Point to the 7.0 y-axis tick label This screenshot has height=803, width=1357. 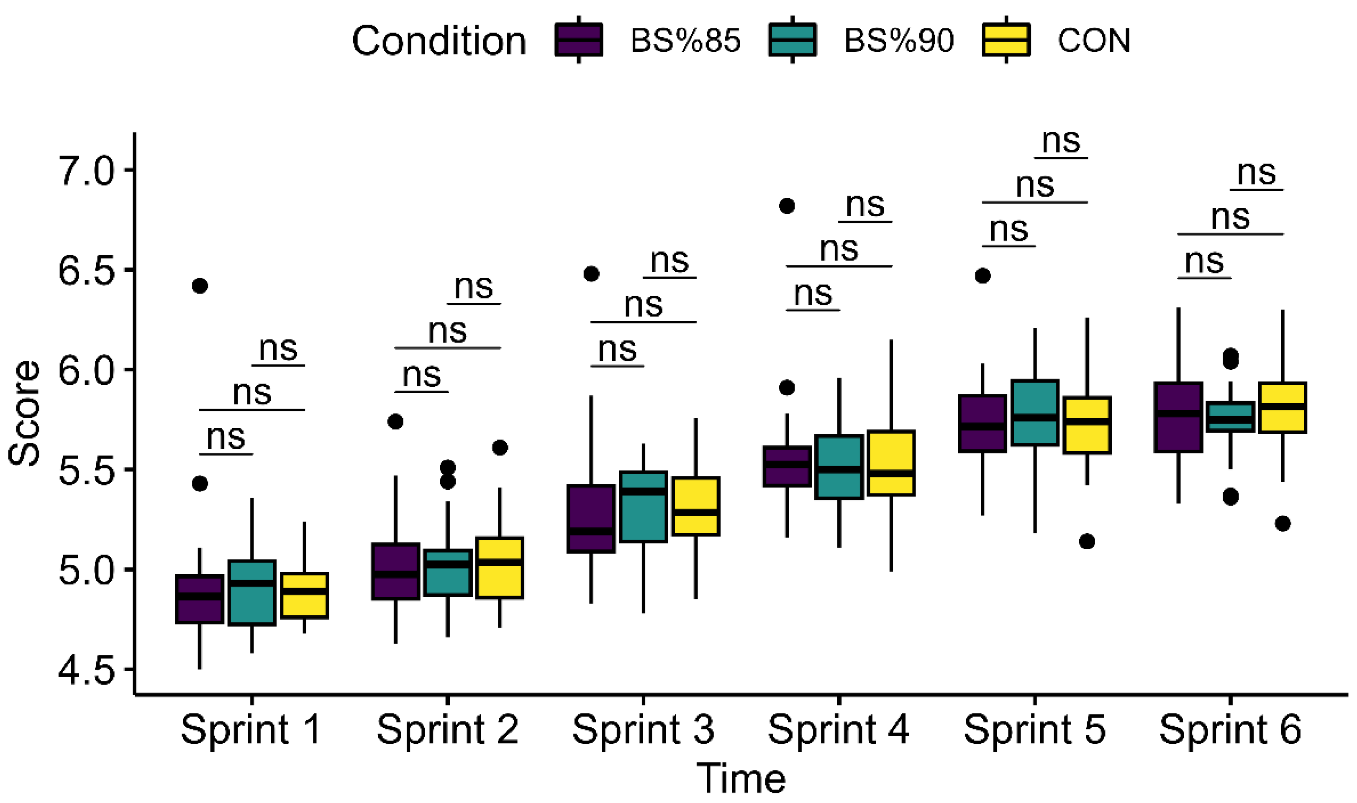point(87,171)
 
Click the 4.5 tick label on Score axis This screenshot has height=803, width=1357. point(87,670)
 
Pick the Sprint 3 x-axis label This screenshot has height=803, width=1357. point(643,729)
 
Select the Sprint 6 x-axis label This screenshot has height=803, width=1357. point(1230,729)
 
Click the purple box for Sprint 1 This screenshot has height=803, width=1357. point(200,599)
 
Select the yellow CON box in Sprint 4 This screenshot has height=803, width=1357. point(891,463)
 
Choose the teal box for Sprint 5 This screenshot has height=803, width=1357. point(1034,413)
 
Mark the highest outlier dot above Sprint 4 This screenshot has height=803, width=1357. point(787,206)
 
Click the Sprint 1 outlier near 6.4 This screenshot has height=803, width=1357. point(200,286)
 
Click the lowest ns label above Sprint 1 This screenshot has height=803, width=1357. point(226,437)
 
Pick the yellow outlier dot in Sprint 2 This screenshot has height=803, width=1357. point(500,448)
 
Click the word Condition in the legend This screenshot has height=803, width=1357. point(439,41)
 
